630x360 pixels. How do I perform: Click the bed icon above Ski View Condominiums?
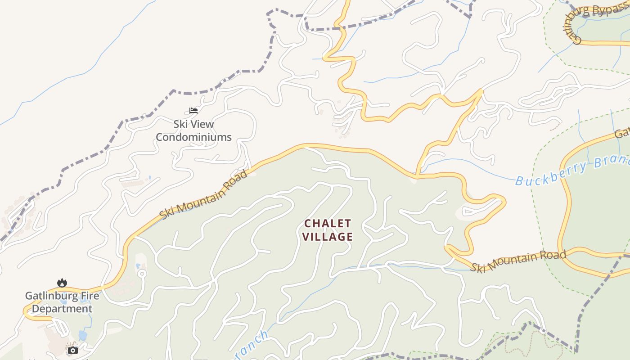[193, 110]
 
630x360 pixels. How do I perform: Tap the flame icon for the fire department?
[62, 283]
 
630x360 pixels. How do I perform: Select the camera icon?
[73, 350]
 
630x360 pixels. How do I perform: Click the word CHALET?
[327, 224]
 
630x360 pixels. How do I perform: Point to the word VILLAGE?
[327, 237]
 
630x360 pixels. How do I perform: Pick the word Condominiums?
[193, 137]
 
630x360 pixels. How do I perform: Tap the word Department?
[62, 309]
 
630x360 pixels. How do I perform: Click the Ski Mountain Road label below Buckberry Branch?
[518, 261]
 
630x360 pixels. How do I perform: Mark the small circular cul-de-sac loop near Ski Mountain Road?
[142, 273]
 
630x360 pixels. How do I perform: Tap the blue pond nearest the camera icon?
[82, 335]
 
